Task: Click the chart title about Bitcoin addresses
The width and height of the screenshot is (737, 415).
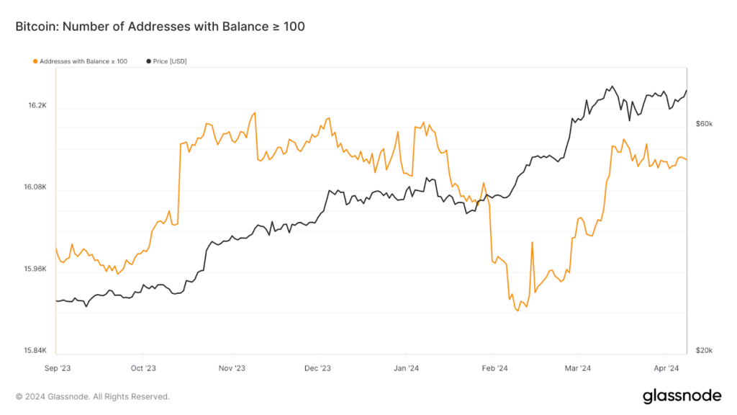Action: tap(160, 27)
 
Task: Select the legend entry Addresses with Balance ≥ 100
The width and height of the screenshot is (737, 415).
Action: tap(81, 61)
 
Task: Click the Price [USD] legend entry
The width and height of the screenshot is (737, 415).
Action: tap(166, 61)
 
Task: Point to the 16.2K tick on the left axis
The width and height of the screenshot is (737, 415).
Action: tap(37, 105)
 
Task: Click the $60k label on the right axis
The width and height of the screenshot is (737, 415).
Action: tap(704, 124)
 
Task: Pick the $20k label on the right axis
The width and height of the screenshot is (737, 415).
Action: tap(704, 351)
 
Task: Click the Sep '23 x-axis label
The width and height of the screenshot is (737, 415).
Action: tap(56, 368)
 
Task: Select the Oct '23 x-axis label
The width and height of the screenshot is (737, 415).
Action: tap(143, 368)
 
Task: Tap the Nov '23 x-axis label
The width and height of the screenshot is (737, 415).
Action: tap(231, 368)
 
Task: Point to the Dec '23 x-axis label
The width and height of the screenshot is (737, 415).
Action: tap(317, 368)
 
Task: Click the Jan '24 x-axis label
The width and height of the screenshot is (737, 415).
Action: tap(406, 368)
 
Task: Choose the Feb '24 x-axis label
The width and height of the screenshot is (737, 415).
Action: tap(493, 368)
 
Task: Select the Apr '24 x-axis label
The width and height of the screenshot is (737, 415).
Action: tap(666, 368)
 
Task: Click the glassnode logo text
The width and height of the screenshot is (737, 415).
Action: tap(682, 396)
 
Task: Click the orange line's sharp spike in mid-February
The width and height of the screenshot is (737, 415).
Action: tap(532, 244)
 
